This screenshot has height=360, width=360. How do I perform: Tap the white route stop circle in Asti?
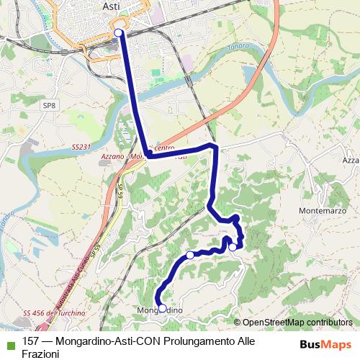(119, 32)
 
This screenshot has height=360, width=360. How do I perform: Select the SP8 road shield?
(49, 105)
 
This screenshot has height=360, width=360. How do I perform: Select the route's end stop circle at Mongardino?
(162, 308)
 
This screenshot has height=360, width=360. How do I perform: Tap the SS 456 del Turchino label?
(54, 313)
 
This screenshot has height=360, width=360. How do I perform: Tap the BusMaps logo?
(325, 344)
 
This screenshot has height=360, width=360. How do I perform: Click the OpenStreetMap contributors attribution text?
(297, 322)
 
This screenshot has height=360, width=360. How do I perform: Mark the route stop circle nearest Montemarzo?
(232, 247)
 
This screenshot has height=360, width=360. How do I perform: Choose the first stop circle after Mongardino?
(190, 255)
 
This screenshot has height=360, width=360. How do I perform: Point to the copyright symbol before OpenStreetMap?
(238, 322)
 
